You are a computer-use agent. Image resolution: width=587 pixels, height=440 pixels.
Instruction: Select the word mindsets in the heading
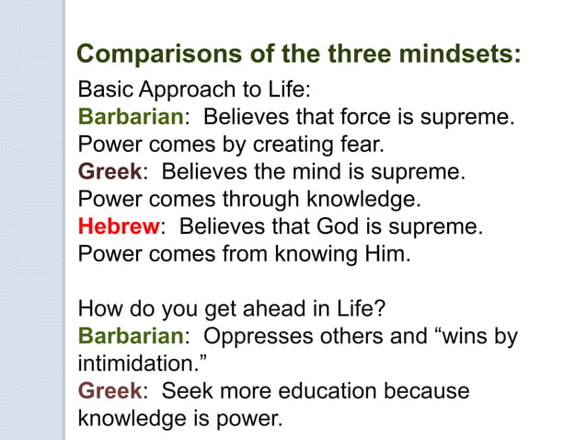pyautogui.click(x=459, y=53)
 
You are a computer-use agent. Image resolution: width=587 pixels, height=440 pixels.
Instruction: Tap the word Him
pyautogui.click(x=386, y=252)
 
